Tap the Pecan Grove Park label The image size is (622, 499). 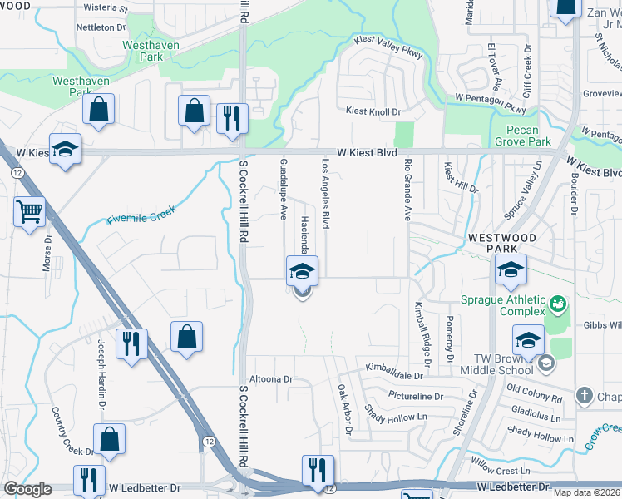point(528,136)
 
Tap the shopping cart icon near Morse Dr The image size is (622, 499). point(29,211)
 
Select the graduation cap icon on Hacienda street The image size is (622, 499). point(302,270)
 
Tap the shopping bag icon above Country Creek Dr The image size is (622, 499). point(109,437)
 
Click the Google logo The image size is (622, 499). point(27,489)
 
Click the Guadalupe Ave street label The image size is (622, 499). point(284,183)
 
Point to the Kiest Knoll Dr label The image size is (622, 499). point(374,111)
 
